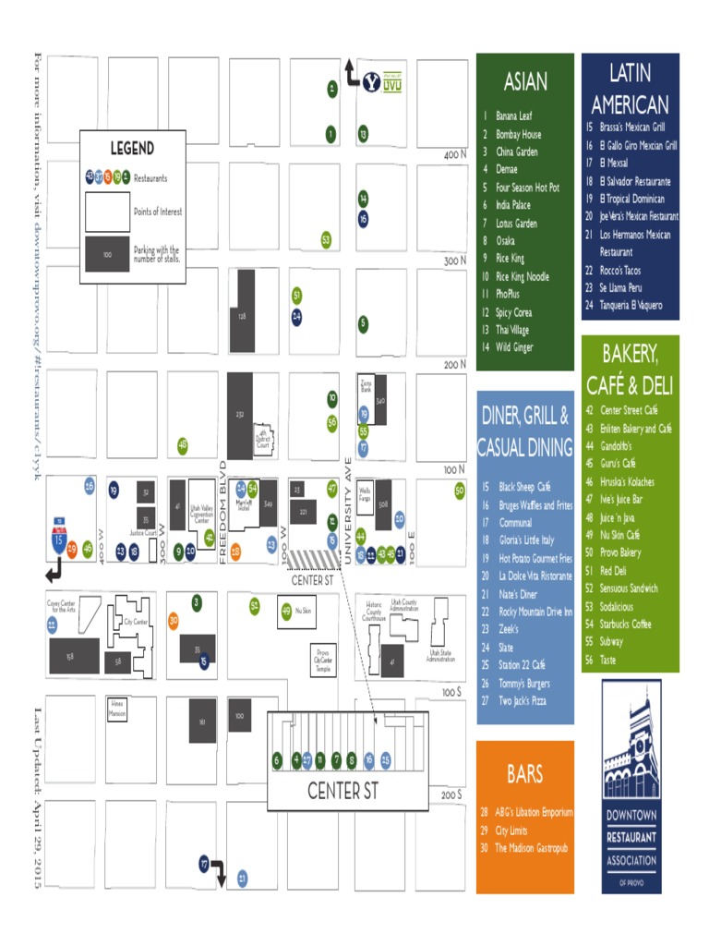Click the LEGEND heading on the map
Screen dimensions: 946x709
click(x=132, y=148)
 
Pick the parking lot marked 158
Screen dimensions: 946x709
click(x=69, y=656)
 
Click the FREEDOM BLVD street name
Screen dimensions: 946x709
click(x=223, y=509)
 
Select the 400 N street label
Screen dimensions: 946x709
click(x=453, y=156)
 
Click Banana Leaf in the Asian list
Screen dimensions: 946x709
click(x=513, y=116)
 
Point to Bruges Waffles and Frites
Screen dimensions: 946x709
click(x=535, y=505)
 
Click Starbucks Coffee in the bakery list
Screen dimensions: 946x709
click(x=625, y=625)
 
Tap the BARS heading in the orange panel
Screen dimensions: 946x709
click(x=524, y=774)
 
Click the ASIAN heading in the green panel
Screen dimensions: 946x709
click(x=524, y=82)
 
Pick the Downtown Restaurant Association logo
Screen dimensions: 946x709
click(x=631, y=785)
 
